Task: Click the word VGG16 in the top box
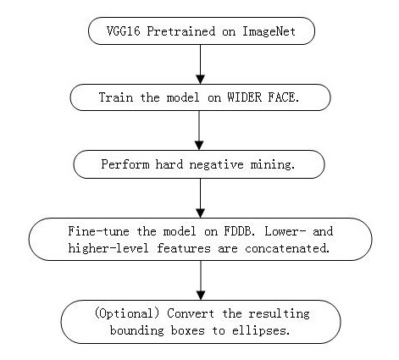tap(123, 31)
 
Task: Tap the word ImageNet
tap(269, 31)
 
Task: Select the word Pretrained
tap(180, 31)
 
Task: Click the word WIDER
tap(245, 97)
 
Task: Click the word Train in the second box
tap(116, 97)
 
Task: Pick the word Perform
tap(125, 164)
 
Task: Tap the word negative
tap(216, 164)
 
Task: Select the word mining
tap(273, 164)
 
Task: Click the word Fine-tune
tap(98, 231)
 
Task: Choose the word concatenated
tap(287, 248)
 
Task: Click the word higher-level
tap(108, 248)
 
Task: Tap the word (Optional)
tap(127, 313)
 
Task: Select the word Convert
tap(191, 313)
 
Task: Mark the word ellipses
tap(261, 330)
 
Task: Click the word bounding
tap(137, 330)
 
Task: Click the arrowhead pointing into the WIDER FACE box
tap(200, 80)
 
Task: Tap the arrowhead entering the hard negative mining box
tap(199, 146)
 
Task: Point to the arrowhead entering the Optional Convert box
tap(201, 296)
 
